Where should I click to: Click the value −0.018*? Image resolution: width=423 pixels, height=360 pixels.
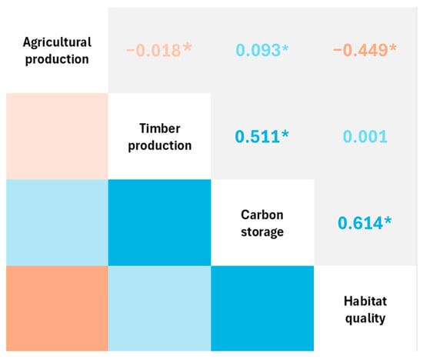click(159, 50)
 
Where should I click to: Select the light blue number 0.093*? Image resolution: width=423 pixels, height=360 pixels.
click(262, 50)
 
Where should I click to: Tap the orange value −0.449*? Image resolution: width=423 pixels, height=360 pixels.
click(365, 50)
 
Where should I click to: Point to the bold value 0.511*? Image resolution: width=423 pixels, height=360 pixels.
click(262, 136)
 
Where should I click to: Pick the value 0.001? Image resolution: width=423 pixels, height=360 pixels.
click(365, 137)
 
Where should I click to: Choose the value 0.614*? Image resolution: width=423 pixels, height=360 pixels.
click(365, 223)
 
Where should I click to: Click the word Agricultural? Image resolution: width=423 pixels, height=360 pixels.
click(57, 42)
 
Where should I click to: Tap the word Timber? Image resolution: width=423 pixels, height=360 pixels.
click(160, 128)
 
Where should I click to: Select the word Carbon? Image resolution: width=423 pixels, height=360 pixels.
click(262, 215)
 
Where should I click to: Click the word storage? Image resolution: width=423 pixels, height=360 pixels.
click(262, 232)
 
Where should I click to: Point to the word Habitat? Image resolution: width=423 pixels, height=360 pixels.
click(365, 301)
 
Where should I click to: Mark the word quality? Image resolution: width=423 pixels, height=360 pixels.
click(365, 318)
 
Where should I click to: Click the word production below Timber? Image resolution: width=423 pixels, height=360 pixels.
click(160, 145)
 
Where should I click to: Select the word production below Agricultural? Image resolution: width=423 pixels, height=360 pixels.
click(57, 59)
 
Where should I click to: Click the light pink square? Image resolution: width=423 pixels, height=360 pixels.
click(57, 136)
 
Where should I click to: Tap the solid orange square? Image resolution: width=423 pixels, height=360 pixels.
click(57, 308)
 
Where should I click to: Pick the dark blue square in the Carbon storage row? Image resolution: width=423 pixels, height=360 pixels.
click(160, 222)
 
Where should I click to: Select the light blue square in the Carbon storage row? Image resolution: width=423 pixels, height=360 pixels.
click(57, 222)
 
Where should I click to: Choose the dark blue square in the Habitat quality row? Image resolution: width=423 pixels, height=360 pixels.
click(262, 308)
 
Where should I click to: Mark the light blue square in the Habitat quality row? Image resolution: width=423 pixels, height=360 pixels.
click(160, 308)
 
